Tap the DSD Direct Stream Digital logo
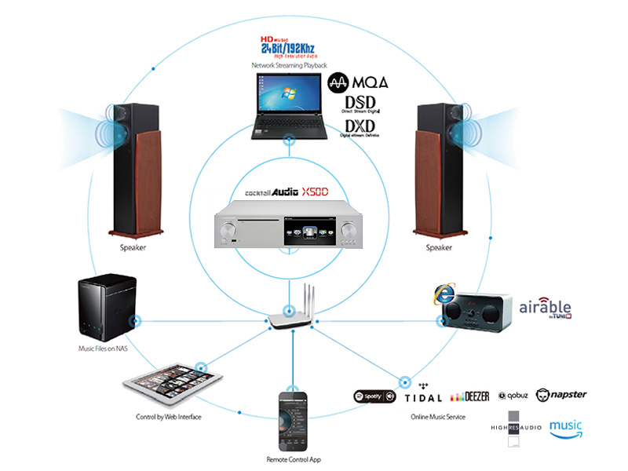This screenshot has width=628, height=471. (x=360, y=105)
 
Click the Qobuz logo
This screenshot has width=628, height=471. (x=517, y=396)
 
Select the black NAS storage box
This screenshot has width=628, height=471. (x=108, y=307)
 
